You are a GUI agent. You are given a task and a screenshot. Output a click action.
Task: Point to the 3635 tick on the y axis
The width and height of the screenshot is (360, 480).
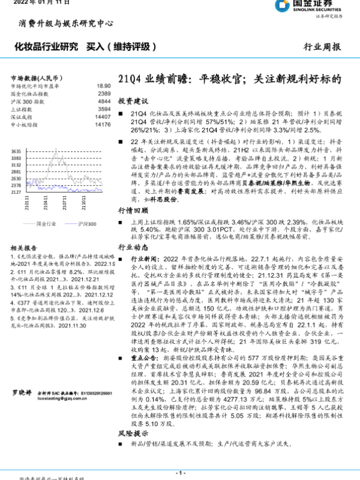[x=16, y=151]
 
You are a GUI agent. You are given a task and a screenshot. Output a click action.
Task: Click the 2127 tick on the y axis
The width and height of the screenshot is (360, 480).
[x=16, y=192]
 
